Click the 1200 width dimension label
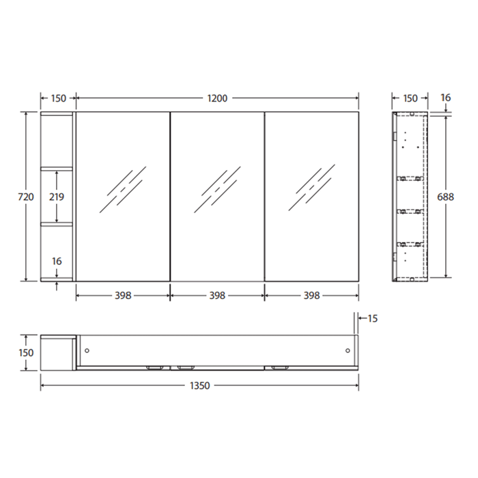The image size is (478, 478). pyautogui.click(x=217, y=98)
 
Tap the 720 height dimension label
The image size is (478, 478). pyautogui.click(x=26, y=197)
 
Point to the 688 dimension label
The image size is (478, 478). pyautogui.click(x=445, y=197)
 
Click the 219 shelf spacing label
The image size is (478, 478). pyautogui.click(x=57, y=197)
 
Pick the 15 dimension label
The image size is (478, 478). pyautogui.click(x=372, y=318)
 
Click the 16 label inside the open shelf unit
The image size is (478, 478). pyautogui.click(x=57, y=260)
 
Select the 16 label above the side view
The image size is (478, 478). pyautogui.click(x=445, y=98)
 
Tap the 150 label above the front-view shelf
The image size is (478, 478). pyautogui.click(x=58, y=98)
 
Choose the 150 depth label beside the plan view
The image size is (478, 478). pyautogui.click(x=26, y=353)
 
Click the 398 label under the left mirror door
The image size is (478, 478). pyautogui.click(x=123, y=296)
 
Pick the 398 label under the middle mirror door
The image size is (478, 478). pyautogui.click(x=217, y=296)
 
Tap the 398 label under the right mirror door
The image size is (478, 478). pyautogui.click(x=311, y=296)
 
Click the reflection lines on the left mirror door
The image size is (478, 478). pyautogui.click(x=123, y=188)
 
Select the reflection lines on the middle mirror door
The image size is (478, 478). pyautogui.click(x=217, y=188)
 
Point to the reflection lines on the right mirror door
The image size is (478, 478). pyautogui.click(x=311, y=188)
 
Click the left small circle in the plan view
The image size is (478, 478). pyautogui.click(x=87, y=350)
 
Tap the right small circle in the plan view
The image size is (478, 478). pyautogui.click(x=348, y=350)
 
